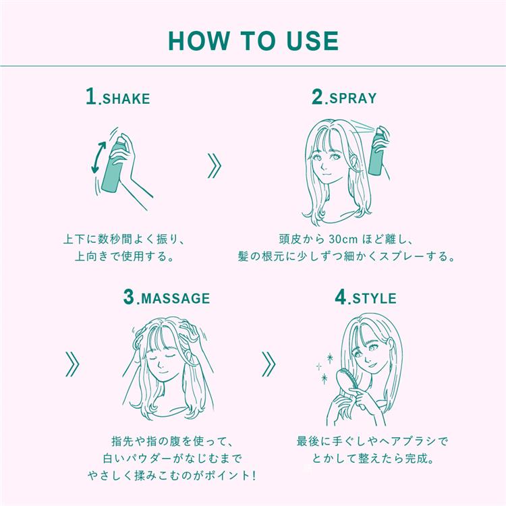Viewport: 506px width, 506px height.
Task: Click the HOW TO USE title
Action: point(253,41)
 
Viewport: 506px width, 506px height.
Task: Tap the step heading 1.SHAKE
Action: point(118,96)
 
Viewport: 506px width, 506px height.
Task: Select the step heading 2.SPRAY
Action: point(344,96)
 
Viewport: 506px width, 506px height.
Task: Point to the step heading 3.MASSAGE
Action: point(167,297)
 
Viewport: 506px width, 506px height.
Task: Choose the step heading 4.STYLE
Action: point(365,297)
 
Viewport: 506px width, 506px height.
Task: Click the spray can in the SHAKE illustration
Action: point(113,165)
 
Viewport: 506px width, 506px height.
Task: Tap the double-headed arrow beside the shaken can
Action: point(99,157)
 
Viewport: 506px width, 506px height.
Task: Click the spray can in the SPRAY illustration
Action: point(378,152)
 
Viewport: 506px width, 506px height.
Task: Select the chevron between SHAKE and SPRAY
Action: point(215,166)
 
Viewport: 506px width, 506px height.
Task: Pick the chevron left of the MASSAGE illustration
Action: point(72,364)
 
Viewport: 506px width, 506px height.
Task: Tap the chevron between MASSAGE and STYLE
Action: point(269,364)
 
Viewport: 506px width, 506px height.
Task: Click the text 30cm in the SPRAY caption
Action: point(343,240)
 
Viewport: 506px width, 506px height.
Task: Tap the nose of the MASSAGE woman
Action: point(161,364)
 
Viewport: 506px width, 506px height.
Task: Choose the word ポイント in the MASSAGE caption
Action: point(227,476)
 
